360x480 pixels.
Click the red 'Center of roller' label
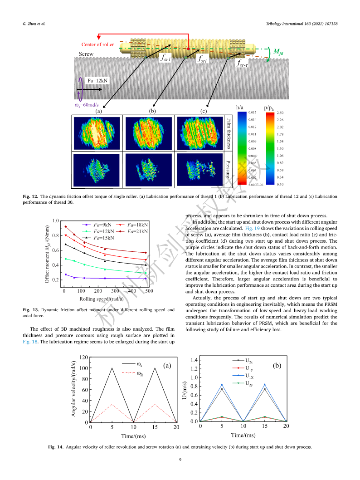pyautogui.click(x=97, y=44)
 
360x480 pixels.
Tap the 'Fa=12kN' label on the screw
pyautogui.click(x=97, y=81)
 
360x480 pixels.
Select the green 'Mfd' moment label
pyautogui.click(x=278, y=52)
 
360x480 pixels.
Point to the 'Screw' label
pyautogui.click(x=86, y=54)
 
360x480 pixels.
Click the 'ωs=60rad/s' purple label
pyautogui.click(x=87, y=105)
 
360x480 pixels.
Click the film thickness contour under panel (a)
pyautogui.click(x=97, y=133)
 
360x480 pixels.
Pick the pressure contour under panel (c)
pyautogui.click(x=200, y=170)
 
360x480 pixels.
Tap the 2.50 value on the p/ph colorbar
pyautogui.click(x=280, y=113)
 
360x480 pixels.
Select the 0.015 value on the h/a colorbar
pyautogui.click(x=253, y=113)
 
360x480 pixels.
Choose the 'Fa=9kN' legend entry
pyautogui.click(x=97, y=225)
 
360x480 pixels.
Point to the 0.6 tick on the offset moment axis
pyautogui.click(x=55, y=250)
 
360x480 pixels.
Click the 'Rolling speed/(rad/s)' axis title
pyautogui.click(x=102, y=299)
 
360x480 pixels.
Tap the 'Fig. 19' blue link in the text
pyautogui.click(x=253, y=228)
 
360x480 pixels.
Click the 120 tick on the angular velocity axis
pyautogui.click(x=83, y=357)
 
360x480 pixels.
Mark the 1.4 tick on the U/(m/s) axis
pyautogui.click(x=194, y=360)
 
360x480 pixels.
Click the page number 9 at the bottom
pyautogui.click(x=180, y=460)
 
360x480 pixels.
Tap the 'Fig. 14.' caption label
pyautogui.click(x=56, y=447)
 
